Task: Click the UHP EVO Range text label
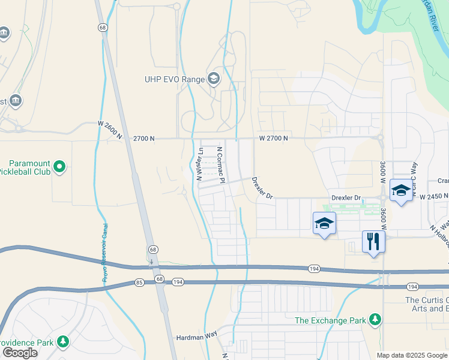coord(173,79)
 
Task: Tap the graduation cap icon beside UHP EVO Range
coord(213,79)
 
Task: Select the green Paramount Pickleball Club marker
coord(59,166)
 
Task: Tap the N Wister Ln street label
coord(199,164)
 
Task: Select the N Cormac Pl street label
coord(220,165)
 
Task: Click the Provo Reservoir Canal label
coord(104,252)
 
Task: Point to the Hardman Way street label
coord(196,337)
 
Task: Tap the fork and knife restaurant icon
coord(373,241)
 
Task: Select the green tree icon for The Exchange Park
coord(375,319)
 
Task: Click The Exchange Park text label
coord(330,320)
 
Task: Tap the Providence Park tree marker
coord(62,342)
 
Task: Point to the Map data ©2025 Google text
coord(411,355)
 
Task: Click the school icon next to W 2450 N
coord(401,190)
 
